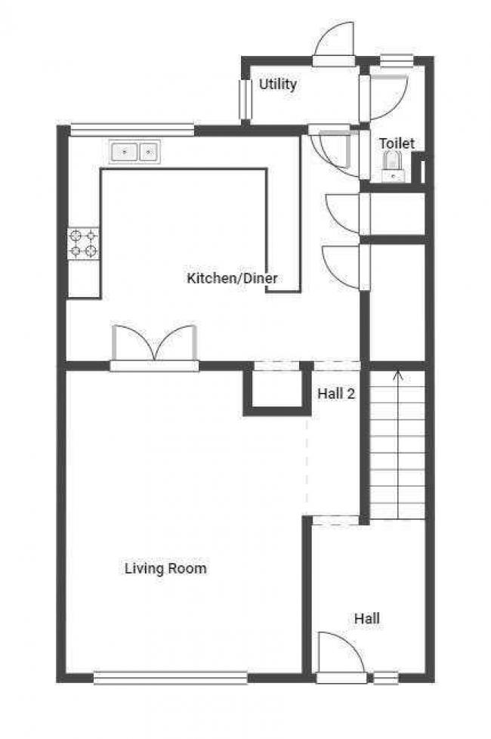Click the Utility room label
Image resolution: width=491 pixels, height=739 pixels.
click(x=277, y=85)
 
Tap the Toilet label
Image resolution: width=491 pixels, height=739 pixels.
click(x=397, y=144)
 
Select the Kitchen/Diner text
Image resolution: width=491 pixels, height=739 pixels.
click(x=232, y=278)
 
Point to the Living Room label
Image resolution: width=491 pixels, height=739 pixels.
click(x=165, y=568)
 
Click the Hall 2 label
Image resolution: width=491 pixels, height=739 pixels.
click(x=336, y=393)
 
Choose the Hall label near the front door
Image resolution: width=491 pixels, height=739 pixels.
click(x=367, y=618)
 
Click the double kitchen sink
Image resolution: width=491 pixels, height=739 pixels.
click(x=134, y=152)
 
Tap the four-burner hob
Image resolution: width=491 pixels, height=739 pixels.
click(x=83, y=243)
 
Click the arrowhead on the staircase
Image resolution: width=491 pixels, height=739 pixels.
click(x=398, y=375)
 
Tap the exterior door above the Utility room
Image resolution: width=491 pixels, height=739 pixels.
click(x=334, y=45)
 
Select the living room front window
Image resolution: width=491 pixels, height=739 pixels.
click(x=171, y=679)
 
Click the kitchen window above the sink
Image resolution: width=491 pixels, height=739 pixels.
click(x=132, y=130)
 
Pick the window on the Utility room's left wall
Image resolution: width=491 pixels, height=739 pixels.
click(x=245, y=100)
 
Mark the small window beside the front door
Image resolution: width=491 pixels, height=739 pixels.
click(x=386, y=678)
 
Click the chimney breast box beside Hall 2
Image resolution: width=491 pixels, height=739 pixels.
click(x=277, y=390)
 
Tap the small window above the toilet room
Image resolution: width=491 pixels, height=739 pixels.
click(x=397, y=60)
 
